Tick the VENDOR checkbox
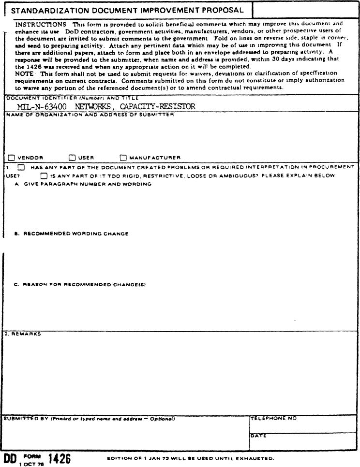pyautogui.click(x=12, y=157)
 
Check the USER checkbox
pyautogui.click(x=72, y=157)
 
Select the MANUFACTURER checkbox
pyautogui.click(x=123, y=157)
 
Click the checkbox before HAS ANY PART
pyautogui.click(x=21, y=167)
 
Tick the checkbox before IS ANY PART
pyautogui.click(x=44, y=175)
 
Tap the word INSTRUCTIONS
pyautogui.click(x=41, y=24)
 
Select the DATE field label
pyautogui.click(x=259, y=436)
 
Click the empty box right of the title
pyautogui.click(x=305, y=10)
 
